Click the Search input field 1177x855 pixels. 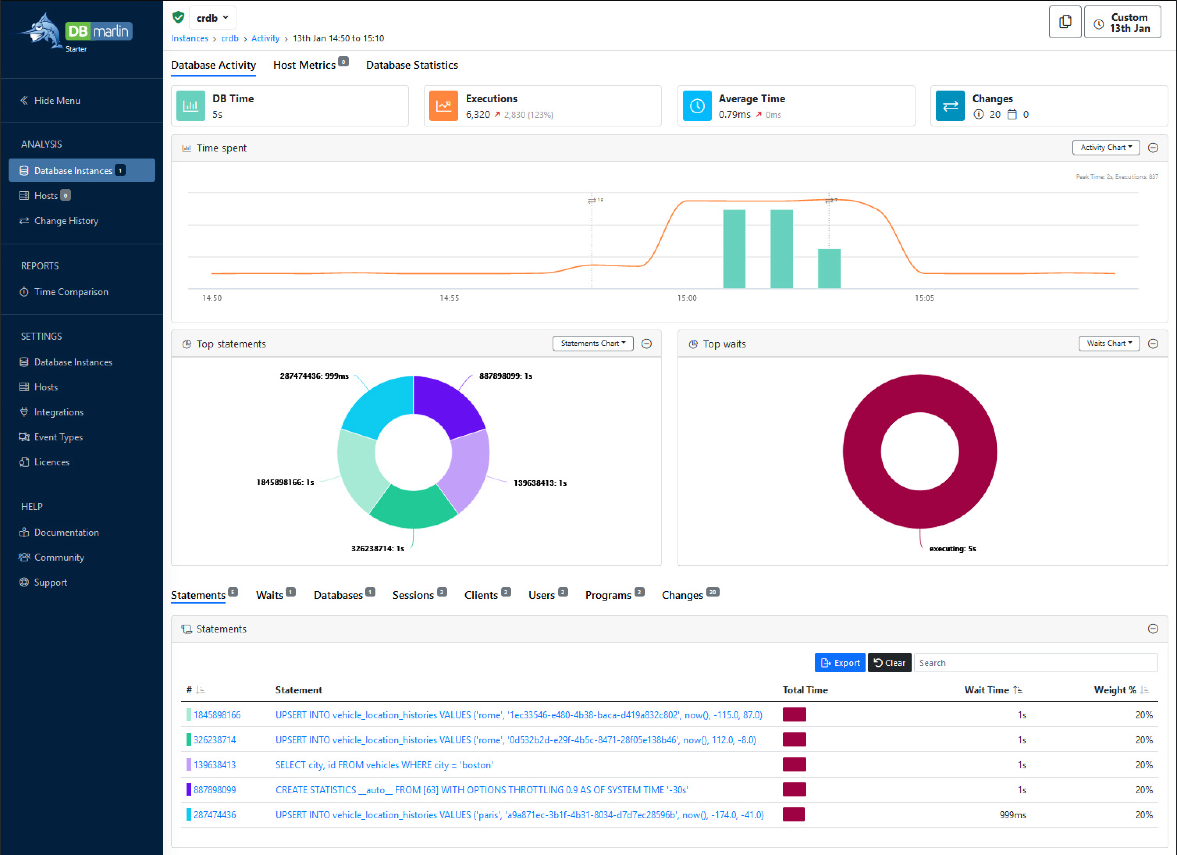point(1035,663)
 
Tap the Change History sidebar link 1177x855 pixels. point(66,221)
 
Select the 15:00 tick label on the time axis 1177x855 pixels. point(686,298)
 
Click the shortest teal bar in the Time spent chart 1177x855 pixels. point(829,269)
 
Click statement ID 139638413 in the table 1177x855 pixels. point(214,765)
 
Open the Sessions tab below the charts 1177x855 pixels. point(413,595)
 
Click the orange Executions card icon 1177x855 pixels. point(443,106)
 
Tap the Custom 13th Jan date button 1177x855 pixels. point(1122,23)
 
